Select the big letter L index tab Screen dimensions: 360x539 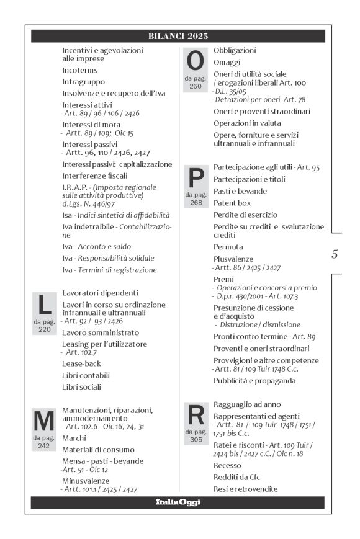point(44,305)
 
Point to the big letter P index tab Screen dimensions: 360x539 point(196,178)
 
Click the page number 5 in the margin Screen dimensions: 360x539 point(335,254)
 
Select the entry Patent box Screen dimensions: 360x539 point(232,203)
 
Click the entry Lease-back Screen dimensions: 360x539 point(81,363)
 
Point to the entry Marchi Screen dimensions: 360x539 point(74,438)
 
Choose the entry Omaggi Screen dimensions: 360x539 point(227,62)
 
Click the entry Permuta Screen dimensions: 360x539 point(228,247)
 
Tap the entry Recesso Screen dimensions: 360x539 point(227,465)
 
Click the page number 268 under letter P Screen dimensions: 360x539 point(196,202)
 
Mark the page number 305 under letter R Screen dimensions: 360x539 point(196,439)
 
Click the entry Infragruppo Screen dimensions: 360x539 point(83,81)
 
